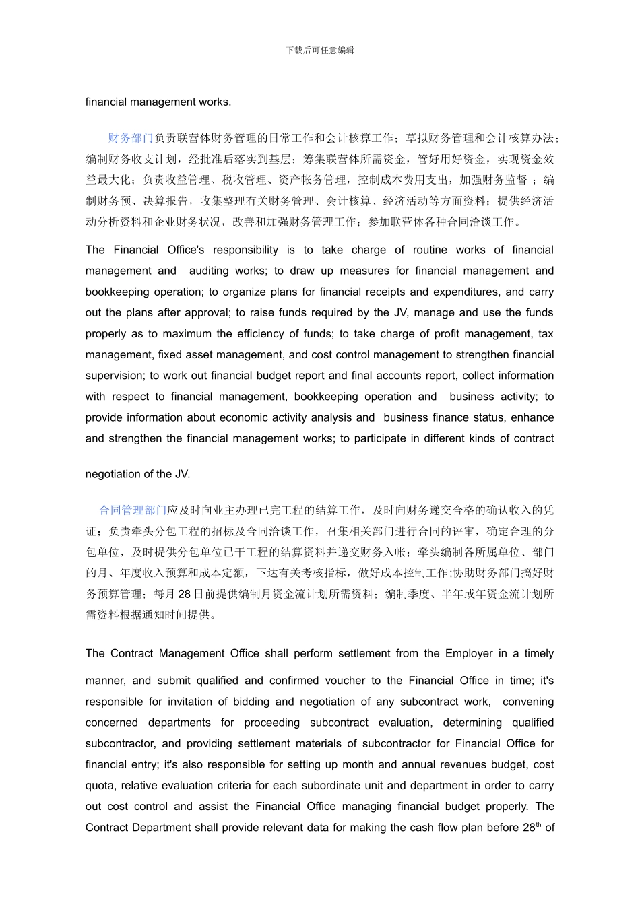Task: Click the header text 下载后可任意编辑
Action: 320,51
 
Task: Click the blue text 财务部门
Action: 131,138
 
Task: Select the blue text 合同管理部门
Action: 133,510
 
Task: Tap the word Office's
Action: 186,250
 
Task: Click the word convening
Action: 528,702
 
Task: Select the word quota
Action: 100,785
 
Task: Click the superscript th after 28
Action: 538,824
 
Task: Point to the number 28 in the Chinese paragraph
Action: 184,594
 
